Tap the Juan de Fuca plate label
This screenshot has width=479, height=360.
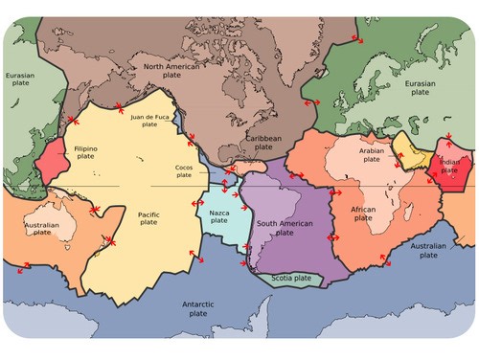[149, 120]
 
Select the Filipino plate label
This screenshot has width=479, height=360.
[86, 152]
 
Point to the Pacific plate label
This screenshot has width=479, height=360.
[148, 217]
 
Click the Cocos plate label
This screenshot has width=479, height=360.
[183, 170]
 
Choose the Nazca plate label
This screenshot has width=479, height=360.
[219, 217]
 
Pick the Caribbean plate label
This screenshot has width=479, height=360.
[263, 143]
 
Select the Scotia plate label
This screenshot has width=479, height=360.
[290, 279]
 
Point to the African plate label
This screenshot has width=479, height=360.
[363, 213]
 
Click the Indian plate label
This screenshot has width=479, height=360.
[449, 167]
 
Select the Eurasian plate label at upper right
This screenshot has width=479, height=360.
[421, 88]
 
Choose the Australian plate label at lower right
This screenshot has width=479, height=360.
[427, 251]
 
